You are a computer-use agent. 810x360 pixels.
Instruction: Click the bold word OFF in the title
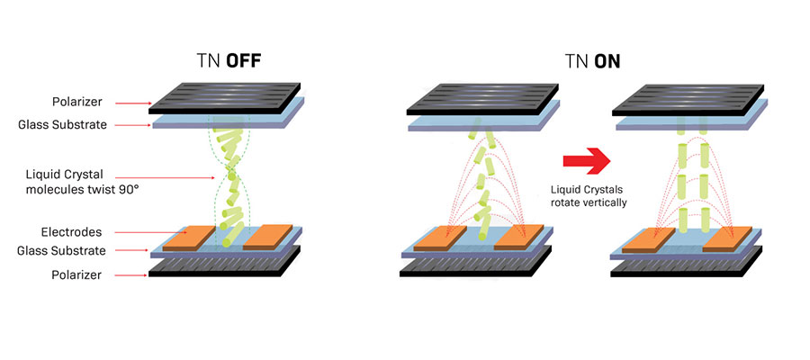(x=243, y=61)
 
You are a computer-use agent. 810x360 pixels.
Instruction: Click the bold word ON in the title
(x=607, y=61)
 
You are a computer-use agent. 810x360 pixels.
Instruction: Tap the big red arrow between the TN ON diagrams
(x=586, y=160)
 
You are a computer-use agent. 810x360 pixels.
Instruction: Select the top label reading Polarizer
(x=76, y=103)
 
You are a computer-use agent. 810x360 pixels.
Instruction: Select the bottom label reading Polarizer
(x=76, y=275)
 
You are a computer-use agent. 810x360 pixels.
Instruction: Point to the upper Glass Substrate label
(x=62, y=124)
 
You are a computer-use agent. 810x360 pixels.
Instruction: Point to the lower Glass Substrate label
(x=61, y=251)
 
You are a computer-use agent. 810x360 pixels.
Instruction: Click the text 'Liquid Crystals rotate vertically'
(x=589, y=197)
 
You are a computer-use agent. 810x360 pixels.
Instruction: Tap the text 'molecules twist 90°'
(x=83, y=189)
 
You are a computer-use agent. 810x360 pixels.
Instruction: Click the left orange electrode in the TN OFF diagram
(x=189, y=238)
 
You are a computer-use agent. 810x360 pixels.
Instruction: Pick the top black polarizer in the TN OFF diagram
(x=224, y=98)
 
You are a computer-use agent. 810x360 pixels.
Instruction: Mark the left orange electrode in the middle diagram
(x=440, y=238)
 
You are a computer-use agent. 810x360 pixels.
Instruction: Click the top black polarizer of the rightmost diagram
(x=688, y=100)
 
